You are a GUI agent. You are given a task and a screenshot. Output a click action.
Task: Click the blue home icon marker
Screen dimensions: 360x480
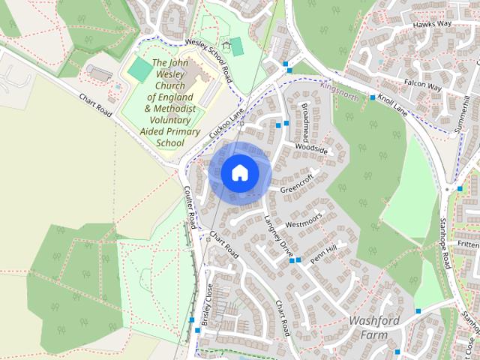[x=239, y=172]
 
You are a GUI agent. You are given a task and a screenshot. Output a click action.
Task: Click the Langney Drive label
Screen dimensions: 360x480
[x=277, y=234]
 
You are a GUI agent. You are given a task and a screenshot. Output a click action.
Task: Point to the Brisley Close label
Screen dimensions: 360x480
[x=207, y=304]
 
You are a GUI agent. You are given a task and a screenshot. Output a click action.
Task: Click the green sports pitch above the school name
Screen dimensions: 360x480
[x=139, y=70]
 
